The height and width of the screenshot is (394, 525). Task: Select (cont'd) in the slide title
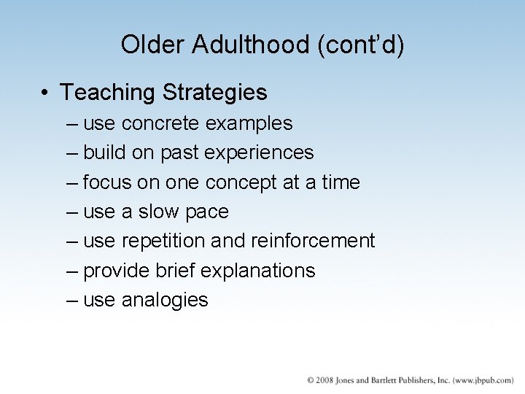(x=361, y=45)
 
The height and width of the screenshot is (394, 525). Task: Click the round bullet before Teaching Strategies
(x=45, y=93)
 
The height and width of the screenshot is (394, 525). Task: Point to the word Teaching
(x=109, y=93)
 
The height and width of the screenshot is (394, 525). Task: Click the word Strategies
(x=215, y=93)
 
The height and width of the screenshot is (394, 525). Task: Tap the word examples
(x=249, y=123)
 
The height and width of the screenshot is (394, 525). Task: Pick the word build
(x=100, y=153)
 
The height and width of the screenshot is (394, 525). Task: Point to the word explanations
(x=257, y=271)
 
